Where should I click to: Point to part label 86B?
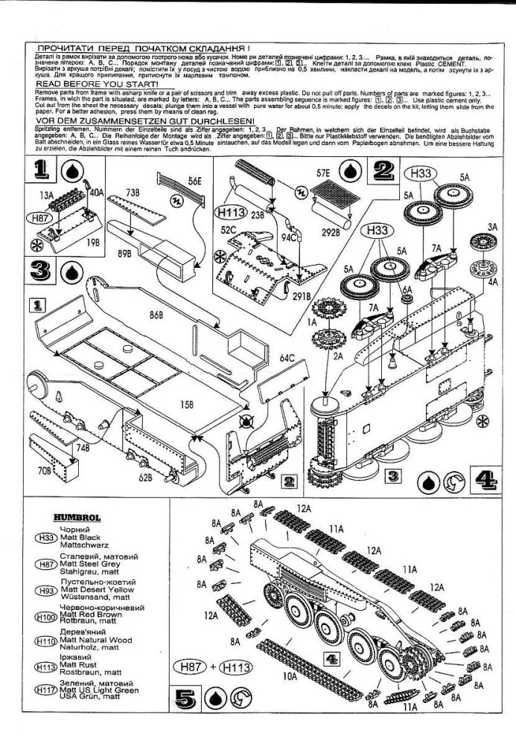point(155,315)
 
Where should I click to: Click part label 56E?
point(195,182)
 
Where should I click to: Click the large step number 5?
point(185,698)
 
